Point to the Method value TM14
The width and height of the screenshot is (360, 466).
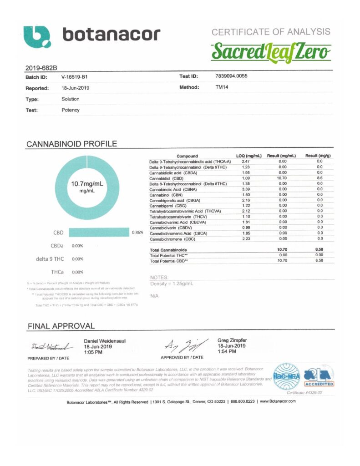tap(222, 86)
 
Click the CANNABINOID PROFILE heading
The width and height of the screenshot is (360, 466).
tap(71, 144)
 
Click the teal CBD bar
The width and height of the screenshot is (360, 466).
tap(99, 233)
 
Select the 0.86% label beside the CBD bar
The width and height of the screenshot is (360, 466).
tap(137, 233)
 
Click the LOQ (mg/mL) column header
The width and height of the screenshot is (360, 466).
tap(249, 156)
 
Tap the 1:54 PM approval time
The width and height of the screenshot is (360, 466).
tap(226, 351)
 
